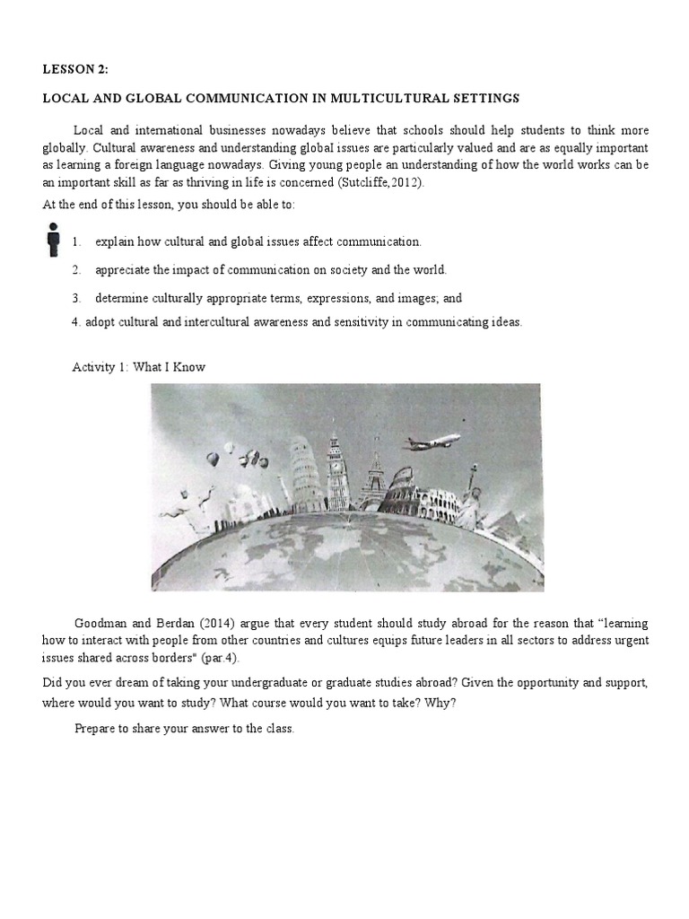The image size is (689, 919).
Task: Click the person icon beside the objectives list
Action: click(x=54, y=239)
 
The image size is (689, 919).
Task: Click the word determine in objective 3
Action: click(x=119, y=298)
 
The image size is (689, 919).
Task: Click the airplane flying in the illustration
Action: click(x=432, y=442)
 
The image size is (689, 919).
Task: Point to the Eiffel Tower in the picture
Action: click(x=376, y=476)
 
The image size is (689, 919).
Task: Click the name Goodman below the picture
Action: click(x=100, y=623)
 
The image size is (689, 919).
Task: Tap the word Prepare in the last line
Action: click(x=95, y=729)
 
